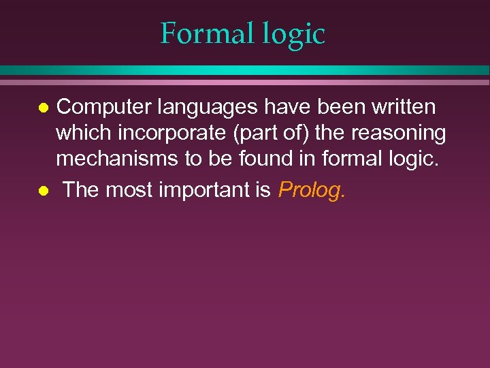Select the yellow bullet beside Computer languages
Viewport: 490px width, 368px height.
tap(43, 108)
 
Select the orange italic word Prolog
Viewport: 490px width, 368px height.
tap(311, 191)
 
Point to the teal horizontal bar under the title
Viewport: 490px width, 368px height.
tap(245, 70)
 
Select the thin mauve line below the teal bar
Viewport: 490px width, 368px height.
tap(245, 82)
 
